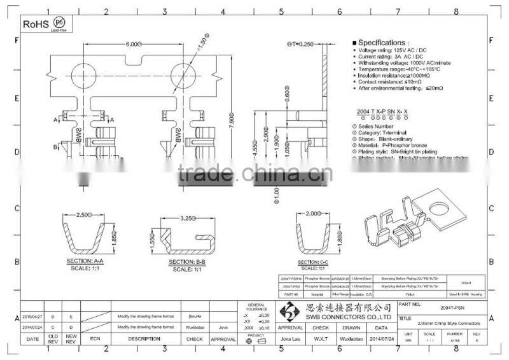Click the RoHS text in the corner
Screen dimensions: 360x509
click(36, 24)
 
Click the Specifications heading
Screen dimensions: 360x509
click(382, 43)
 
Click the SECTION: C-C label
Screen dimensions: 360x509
click(313, 262)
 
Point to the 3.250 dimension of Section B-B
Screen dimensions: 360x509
click(187, 218)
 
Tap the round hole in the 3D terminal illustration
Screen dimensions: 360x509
click(438, 209)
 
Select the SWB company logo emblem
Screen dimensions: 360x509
click(289, 312)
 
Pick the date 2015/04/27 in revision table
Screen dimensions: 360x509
click(32, 315)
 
